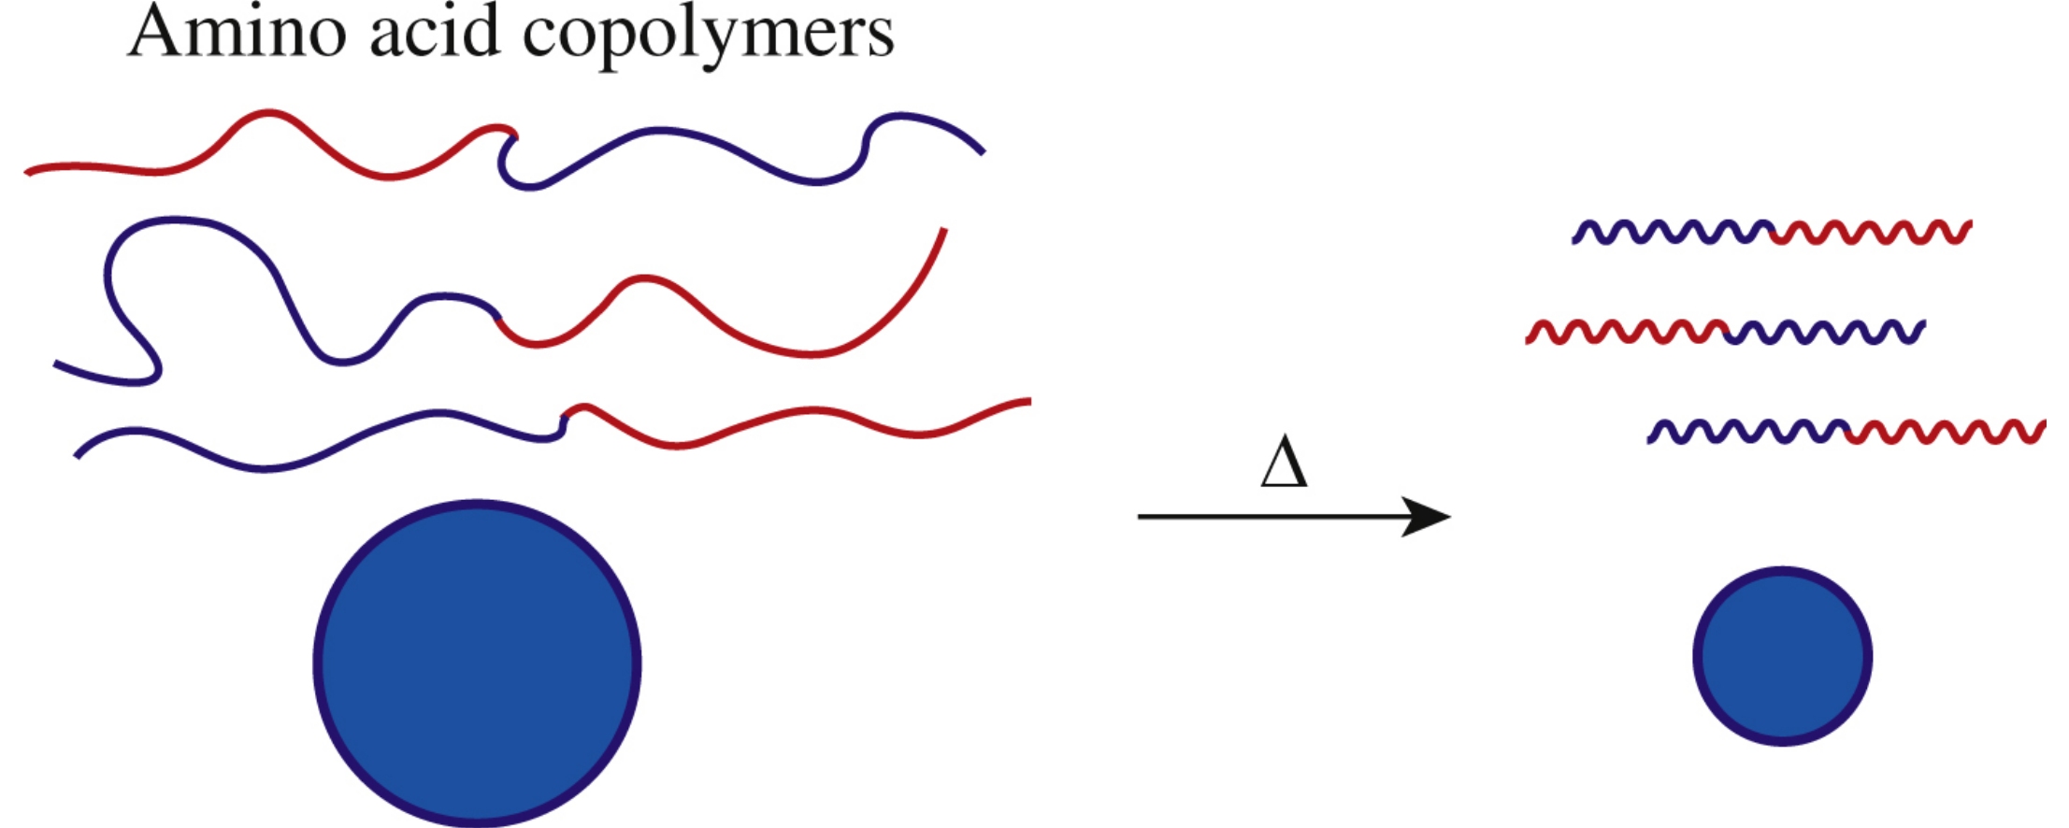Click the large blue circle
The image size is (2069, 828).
(477, 664)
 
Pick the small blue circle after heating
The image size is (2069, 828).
(1782, 656)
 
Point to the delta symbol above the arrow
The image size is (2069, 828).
(1284, 464)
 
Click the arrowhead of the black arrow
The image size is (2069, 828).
(1426, 516)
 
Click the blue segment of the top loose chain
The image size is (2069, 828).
(664, 130)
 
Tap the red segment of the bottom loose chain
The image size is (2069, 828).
(813, 410)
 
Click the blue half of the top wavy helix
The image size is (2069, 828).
(1674, 233)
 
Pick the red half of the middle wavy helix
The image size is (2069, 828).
(1627, 332)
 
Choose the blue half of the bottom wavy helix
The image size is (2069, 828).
(1748, 432)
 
